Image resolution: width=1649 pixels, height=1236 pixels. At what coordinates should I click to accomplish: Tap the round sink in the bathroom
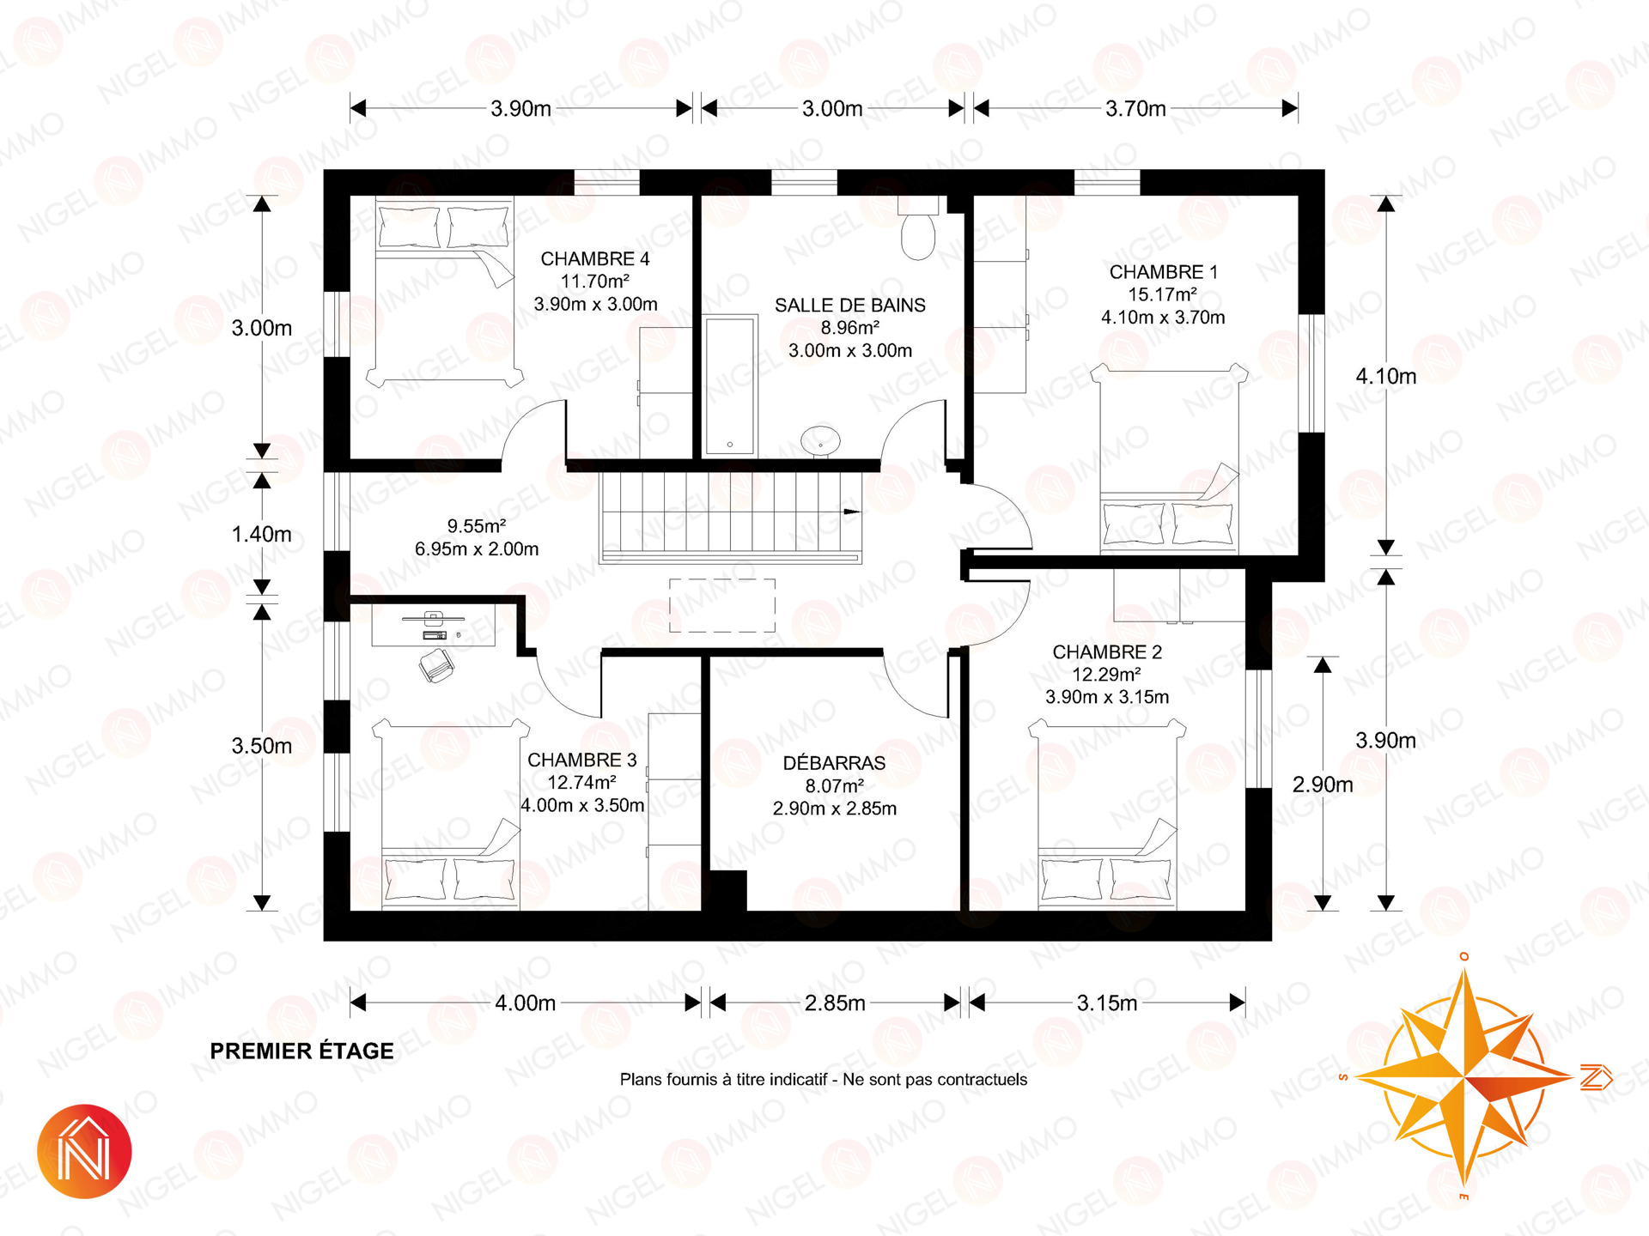(821, 440)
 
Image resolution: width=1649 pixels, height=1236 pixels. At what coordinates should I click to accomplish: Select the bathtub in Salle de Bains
(730, 385)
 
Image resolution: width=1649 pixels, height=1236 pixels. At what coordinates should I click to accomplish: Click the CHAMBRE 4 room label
(595, 258)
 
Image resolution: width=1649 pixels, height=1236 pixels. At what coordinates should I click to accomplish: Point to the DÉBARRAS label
(834, 762)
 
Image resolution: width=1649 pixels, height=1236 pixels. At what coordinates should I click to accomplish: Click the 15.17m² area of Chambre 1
(1163, 294)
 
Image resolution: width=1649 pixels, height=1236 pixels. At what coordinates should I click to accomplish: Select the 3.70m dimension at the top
(1135, 109)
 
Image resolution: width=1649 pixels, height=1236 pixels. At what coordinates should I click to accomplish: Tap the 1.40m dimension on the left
(262, 534)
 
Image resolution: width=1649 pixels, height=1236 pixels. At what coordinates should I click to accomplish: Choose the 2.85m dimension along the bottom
(835, 1003)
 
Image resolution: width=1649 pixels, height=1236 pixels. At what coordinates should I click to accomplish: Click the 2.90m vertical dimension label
(1323, 785)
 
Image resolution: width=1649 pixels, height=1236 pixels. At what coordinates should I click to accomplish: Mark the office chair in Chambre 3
(437, 665)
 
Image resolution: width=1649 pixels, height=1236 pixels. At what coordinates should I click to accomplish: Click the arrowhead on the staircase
(851, 512)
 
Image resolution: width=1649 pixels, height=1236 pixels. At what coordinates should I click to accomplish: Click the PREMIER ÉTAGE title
(302, 1051)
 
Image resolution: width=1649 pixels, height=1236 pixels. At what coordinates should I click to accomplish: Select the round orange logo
(84, 1151)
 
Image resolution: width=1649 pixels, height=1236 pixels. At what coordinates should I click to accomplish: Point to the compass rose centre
(1463, 1075)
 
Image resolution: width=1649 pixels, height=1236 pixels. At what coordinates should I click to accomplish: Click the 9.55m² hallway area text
(477, 526)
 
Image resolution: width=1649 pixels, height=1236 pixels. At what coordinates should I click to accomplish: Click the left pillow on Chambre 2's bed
(1071, 879)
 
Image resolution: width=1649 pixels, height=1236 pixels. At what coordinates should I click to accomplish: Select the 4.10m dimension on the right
(1386, 376)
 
